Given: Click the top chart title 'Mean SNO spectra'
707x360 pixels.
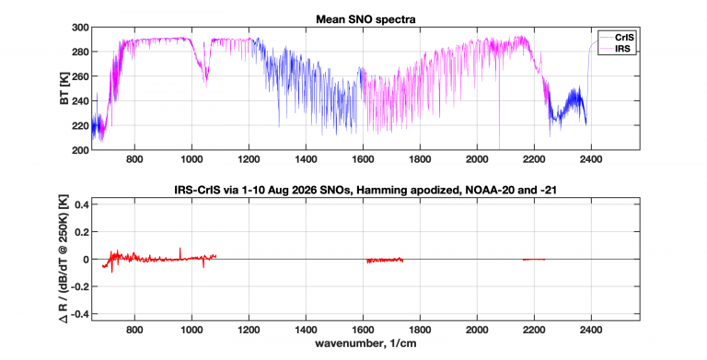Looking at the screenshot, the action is tap(365, 20).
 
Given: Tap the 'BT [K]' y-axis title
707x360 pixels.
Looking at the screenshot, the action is tap(64, 88).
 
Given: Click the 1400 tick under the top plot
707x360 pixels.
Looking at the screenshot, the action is tap(306, 159).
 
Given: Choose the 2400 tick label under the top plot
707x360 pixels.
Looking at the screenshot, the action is tap(591, 159).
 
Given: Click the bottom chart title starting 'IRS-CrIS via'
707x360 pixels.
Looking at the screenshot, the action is tap(365, 191).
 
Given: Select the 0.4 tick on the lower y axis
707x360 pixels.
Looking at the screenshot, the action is tap(81, 204).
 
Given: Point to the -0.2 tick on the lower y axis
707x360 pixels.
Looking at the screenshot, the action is tap(79, 286).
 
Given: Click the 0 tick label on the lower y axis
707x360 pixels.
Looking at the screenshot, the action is tap(85, 260).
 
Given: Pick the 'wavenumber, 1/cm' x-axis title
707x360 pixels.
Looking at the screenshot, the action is tap(365, 343).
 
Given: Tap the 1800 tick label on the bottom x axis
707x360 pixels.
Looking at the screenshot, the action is tap(420, 331).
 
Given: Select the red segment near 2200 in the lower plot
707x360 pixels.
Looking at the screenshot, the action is tap(534, 260).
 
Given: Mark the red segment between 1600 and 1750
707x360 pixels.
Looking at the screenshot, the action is tap(385, 260).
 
